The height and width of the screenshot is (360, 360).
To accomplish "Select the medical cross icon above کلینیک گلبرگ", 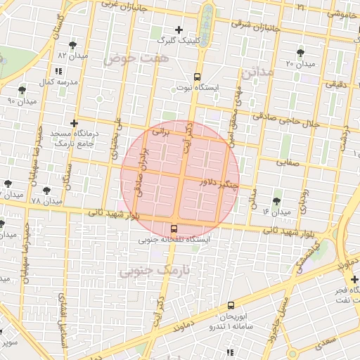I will pyautogui.click(x=179, y=30).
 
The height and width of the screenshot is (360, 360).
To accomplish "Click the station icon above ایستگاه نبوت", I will pyautogui.click(x=196, y=77).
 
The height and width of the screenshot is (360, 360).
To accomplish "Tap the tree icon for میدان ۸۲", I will pyautogui.click(x=72, y=46).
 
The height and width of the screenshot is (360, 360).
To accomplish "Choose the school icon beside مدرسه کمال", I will pyautogui.click(x=58, y=71).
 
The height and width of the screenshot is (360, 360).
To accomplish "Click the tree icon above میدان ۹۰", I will pyautogui.click(x=22, y=90).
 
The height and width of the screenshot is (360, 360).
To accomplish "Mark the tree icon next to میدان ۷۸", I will pyautogui.click(x=47, y=190).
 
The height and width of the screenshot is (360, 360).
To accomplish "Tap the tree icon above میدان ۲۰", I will pyautogui.click(x=301, y=53).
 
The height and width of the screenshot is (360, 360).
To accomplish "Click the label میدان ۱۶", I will pyautogui.click(x=276, y=212).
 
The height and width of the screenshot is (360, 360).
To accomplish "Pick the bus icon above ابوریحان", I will pyautogui.click(x=231, y=304).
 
